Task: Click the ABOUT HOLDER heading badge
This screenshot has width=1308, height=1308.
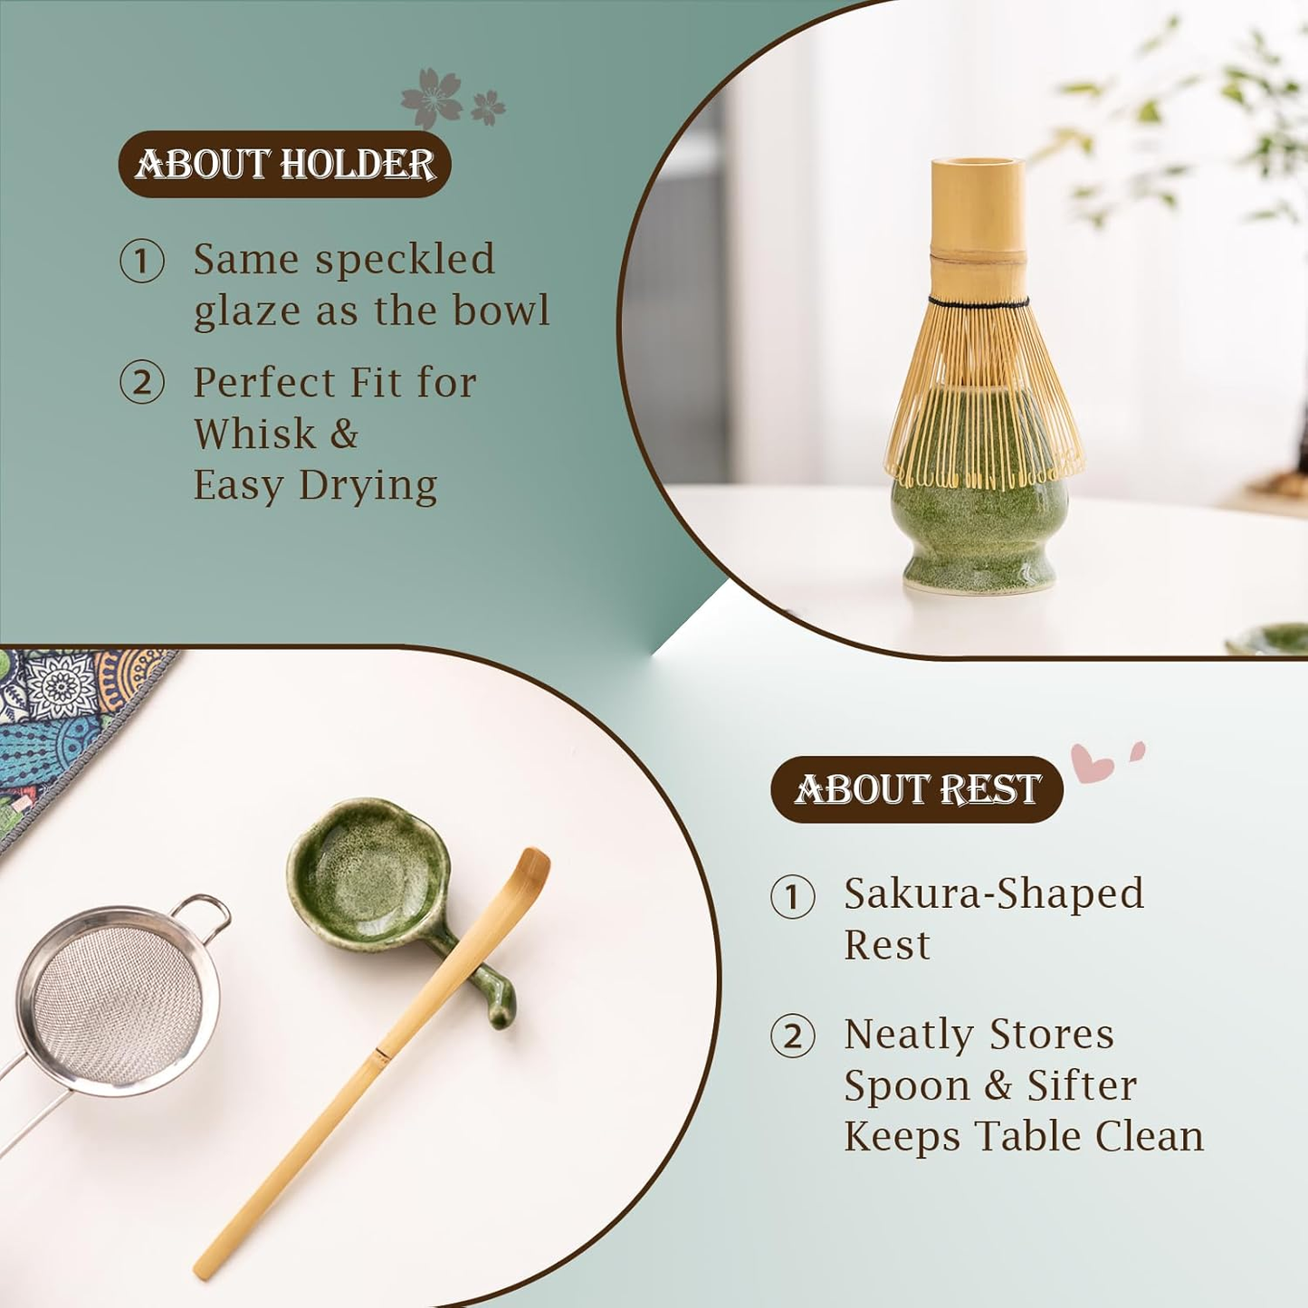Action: coord(284,164)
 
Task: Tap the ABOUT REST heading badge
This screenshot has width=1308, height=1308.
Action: coord(916,789)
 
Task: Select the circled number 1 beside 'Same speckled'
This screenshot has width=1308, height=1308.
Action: coord(142,262)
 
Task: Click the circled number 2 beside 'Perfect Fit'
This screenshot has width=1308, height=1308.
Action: coord(142,382)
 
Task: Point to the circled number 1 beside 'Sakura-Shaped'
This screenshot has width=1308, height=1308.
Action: coord(793,896)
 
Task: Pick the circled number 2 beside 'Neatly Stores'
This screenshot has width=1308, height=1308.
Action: coord(793,1036)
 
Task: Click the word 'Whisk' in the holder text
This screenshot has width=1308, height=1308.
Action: coord(254,434)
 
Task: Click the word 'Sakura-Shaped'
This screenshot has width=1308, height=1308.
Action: coord(994,894)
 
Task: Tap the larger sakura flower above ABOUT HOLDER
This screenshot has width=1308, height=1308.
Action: coord(432,98)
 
